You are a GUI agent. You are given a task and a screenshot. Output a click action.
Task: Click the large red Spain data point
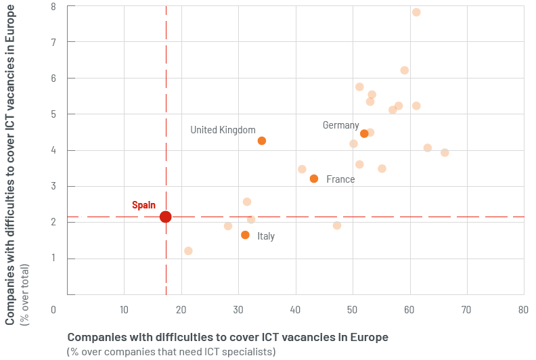coord(165,217)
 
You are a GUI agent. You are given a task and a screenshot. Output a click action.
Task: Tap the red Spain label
coord(143,204)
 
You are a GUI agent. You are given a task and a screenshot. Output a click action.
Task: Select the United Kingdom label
coord(223,130)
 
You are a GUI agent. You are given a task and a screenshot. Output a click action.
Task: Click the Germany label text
coord(340,125)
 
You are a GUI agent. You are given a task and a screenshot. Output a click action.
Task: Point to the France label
coord(340,179)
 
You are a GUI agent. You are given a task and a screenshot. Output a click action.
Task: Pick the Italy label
coord(266,236)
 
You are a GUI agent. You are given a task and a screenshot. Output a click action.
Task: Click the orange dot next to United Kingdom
coord(262,141)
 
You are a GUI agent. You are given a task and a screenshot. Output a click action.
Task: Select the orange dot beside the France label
coord(313,179)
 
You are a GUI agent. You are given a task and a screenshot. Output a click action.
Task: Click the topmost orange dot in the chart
coord(416,12)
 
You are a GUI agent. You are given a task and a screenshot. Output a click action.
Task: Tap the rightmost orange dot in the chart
coord(445,153)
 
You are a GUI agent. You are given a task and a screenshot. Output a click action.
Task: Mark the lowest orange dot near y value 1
coord(188,251)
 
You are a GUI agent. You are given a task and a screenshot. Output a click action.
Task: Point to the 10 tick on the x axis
coord(123,309)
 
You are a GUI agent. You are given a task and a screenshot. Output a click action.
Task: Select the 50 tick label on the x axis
coord(352,309)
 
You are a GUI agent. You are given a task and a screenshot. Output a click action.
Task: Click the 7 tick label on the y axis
coord(53,42)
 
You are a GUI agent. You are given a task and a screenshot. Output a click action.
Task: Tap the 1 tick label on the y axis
coord(53,258)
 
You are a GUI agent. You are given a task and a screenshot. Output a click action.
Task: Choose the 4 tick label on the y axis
coord(53,150)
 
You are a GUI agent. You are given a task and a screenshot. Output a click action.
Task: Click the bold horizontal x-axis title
coord(227,336)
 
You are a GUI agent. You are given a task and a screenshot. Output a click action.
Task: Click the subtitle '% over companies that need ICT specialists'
coord(171,351)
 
